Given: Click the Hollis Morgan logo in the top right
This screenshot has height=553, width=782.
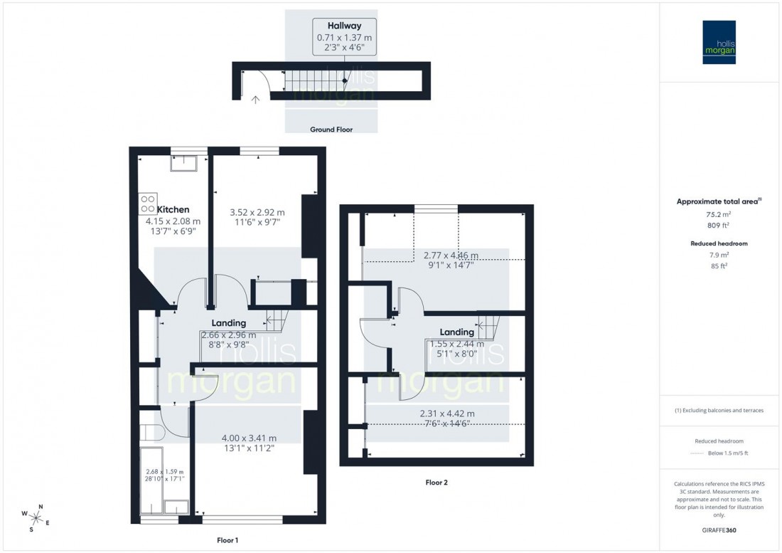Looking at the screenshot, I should click(719, 43).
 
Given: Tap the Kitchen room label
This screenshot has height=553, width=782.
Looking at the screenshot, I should click(173, 209).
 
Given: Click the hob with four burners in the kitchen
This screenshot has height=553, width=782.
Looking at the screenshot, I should click(148, 204).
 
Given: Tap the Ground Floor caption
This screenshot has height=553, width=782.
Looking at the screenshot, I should click(331, 130).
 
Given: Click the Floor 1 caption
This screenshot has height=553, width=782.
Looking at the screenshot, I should click(226, 540).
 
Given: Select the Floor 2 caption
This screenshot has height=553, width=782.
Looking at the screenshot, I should click(436, 482).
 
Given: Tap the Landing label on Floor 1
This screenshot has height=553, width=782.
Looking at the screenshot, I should click(229, 323).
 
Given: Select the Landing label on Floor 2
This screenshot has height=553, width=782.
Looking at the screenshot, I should click(456, 332).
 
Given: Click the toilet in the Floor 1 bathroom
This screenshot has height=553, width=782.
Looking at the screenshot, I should click(150, 433).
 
